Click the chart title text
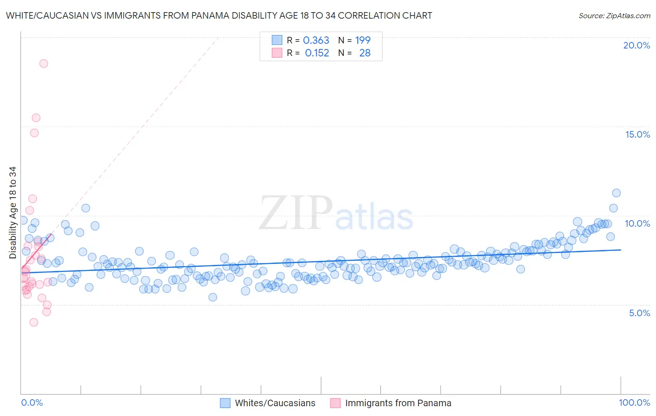click(x=219, y=15)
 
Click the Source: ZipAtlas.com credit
click(x=614, y=15)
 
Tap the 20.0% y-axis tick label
click(x=636, y=45)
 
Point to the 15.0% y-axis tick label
click(x=637, y=134)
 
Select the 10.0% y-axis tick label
click(x=637, y=223)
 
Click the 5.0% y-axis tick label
click(x=639, y=313)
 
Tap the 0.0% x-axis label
click(x=32, y=402)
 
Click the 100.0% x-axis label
click(x=634, y=402)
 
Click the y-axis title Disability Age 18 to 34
click(x=13, y=213)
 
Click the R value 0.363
click(x=316, y=41)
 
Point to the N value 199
click(x=363, y=41)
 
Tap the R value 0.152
click(x=317, y=53)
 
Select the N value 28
click(x=365, y=53)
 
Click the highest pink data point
click(x=43, y=63)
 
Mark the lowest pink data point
click(x=34, y=322)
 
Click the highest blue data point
click(x=616, y=193)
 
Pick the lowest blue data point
click(x=213, y=297)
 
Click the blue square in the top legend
click(x=277, y=40)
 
